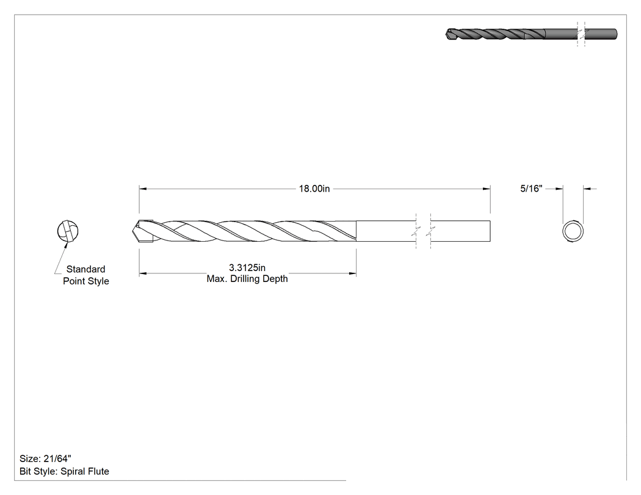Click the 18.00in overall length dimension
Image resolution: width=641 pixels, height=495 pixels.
point(314,189)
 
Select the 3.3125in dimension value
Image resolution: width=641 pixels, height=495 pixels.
point(247,268)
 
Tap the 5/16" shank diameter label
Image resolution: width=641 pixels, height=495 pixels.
point(531,189)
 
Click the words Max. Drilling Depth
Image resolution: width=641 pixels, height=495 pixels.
point(247,279)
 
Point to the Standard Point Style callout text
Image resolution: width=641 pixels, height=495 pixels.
point(86,275)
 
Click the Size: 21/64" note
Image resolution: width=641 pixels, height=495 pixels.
point(45,458)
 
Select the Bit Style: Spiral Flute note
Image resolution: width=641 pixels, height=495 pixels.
point(64,471)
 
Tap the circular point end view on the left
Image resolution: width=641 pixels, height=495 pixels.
point(67,231)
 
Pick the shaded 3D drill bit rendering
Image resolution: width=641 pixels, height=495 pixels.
point(531,34)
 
